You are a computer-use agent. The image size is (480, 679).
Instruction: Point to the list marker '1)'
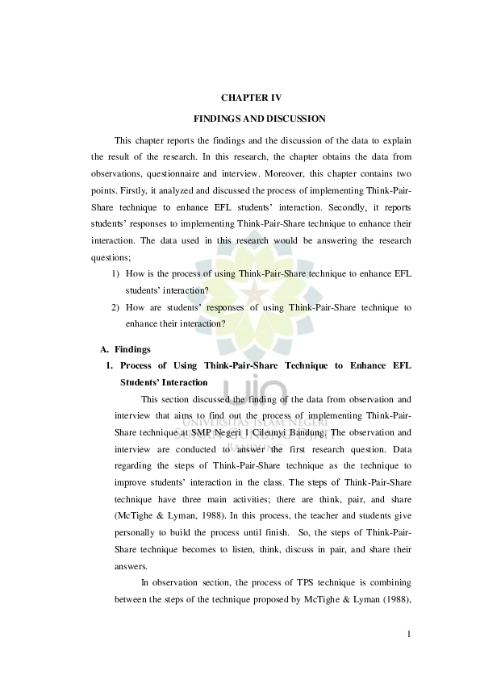[116, 274]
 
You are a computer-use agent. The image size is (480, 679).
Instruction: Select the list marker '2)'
[116, 307]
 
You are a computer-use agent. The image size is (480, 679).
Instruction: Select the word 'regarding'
[132, 465]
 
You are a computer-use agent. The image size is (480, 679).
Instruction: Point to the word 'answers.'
[130, 567]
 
